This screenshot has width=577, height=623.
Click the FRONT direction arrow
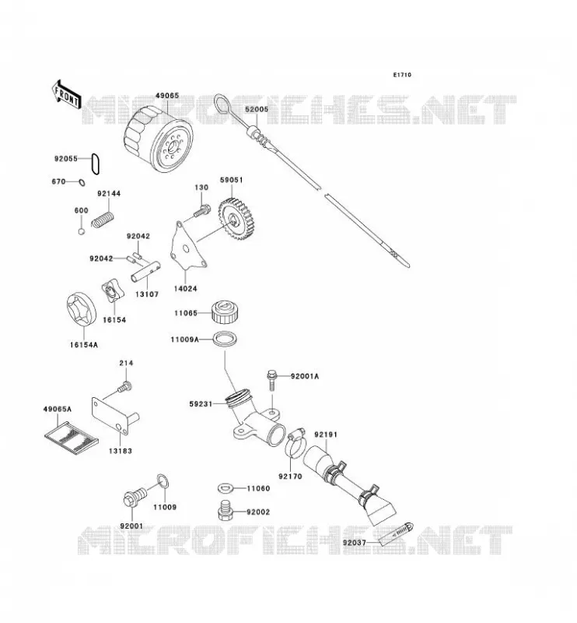pyautogui.click(x=66, y=94)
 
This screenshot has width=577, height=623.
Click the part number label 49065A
pyautogui.click(x=57, y=408)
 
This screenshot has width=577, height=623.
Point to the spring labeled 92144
pyautogui.click(x=103, y=220)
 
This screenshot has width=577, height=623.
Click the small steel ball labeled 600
pyautogui.click(x=81, y=231)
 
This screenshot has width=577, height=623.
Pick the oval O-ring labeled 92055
pyautogui.click(x=95, y=164)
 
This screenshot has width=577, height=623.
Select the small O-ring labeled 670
pyautogui.click(x=82, y=182)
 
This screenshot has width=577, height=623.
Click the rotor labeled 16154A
pyautogui.click(x=82, y=310)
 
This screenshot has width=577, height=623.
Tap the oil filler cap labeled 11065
pyautogui.click(x=224, y=312)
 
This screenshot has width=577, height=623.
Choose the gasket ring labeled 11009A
pyautogui.click(x=225, y=340)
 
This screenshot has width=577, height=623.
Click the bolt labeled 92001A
pyautogui.click(x=272, y=380)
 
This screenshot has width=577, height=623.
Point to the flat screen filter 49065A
pyautogui.click(x=71, y=438)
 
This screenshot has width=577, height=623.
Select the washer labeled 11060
pyautogui.click(x=226, y=488)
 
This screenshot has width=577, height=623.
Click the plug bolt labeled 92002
pyautogui.click(x=226, y=510)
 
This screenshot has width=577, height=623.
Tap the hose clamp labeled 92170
pyautogui.click(x=294, y=443)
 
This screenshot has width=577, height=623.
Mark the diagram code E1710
pyautogui.click(x=402, y=75)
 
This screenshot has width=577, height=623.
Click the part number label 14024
pyautogui.click(x=185, y=288)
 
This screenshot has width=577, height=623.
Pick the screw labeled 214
pyautogui.click(x=124, y=386)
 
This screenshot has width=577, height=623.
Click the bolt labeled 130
pyautogui.click(x=202, y=211)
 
